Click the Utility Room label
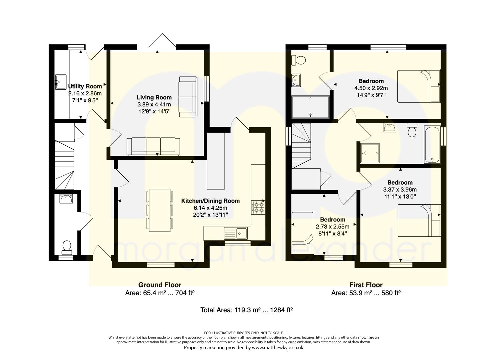pos(85,86)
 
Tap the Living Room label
pos(154,97)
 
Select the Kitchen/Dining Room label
pos(210,201)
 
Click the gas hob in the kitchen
pos(258,207)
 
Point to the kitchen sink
pos(236,233)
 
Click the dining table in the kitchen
pos(160,210)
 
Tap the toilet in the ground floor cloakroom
pos(67,248)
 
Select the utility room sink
pos(61,82)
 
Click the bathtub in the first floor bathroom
pos(432,145)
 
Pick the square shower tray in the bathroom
pos(370,153)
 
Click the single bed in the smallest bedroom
pos(302,233)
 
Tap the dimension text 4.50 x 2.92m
pos(371,88)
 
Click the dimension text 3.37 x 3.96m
pos(400,189)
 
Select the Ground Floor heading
pos(160,285)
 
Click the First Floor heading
pos(366,285)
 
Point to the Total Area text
pos(247,310)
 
